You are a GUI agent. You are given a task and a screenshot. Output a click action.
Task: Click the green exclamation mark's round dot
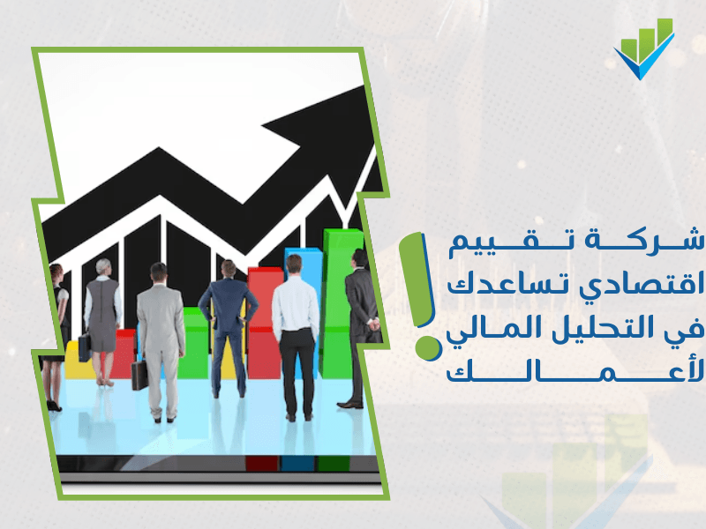coord(428,348)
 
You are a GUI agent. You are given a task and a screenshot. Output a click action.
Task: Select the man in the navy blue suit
coord(229,329)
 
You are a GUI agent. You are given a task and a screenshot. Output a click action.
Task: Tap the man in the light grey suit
coord(161,342)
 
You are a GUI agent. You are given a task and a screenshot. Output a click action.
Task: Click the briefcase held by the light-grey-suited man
coord(139,376)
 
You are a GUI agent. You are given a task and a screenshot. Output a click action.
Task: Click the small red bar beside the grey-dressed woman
coord(124,354)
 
